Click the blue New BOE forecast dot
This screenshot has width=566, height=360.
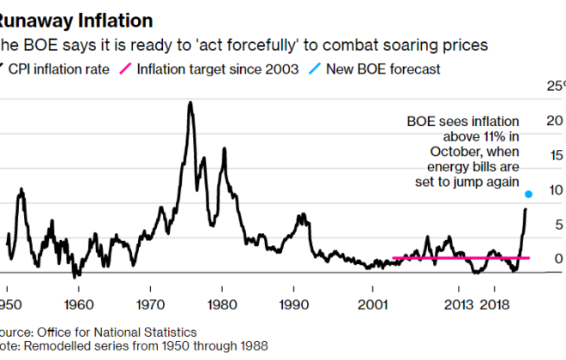click(528, 195)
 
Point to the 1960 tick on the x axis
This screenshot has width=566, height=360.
click(78, 304)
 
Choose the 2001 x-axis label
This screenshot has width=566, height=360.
click(372, 304)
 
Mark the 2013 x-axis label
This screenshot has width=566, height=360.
click(459, 304)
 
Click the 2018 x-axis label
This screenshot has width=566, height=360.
click(496, 304)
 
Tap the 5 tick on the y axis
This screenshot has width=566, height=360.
click(558, 225)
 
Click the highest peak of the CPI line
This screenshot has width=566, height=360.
click(188, 104)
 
